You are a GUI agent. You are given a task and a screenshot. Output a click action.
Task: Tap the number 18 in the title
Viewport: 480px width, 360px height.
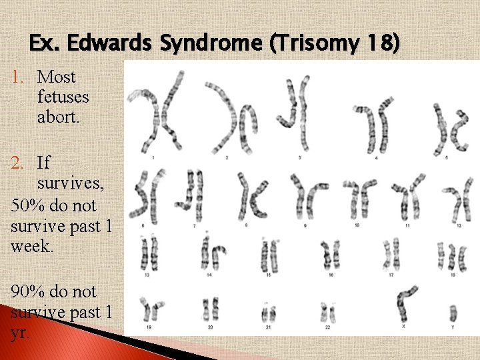click(378, 44)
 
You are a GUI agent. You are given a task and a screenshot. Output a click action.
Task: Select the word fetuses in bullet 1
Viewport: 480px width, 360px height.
click(63, 97)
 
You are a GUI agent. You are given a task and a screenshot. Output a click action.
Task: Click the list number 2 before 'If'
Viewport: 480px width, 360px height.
click(19, 163)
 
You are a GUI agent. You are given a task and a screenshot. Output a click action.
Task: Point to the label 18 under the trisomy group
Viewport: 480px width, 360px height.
click(453, 274)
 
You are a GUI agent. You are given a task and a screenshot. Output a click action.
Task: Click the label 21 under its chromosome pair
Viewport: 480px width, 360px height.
click(269, 327)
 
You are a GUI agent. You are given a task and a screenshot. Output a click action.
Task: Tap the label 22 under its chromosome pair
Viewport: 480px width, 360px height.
click(327, 327)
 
